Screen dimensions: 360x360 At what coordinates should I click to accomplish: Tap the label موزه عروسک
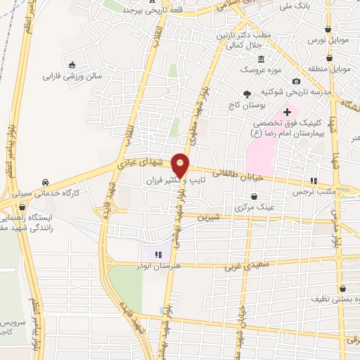click(x=258, y=71)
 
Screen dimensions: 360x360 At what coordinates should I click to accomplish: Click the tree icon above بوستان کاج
click(x=246, y=94)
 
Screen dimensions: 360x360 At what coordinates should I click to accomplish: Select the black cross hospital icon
click(x=287, y=112)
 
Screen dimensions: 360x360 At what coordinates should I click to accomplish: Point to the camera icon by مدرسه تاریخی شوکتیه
click(x=296, y=82)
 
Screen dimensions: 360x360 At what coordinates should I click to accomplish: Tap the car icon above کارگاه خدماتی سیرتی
click(x=46, y=181)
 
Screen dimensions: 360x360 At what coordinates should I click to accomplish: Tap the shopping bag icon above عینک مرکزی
click(x=253, y=197)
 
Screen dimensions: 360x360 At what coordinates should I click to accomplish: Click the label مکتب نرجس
click(x=314, y=191)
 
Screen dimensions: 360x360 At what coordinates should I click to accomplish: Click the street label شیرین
click(x=210, y=217)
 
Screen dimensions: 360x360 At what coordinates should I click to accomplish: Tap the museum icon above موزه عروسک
click(x=262, y=59)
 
